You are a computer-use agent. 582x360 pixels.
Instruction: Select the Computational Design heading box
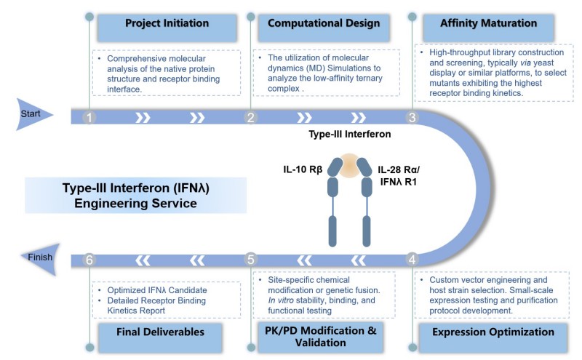324,24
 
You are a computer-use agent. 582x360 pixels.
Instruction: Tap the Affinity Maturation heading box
489,24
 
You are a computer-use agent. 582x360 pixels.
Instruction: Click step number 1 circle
89,116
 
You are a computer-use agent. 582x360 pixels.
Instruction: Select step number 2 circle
250,116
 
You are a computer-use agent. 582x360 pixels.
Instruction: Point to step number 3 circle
412,116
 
